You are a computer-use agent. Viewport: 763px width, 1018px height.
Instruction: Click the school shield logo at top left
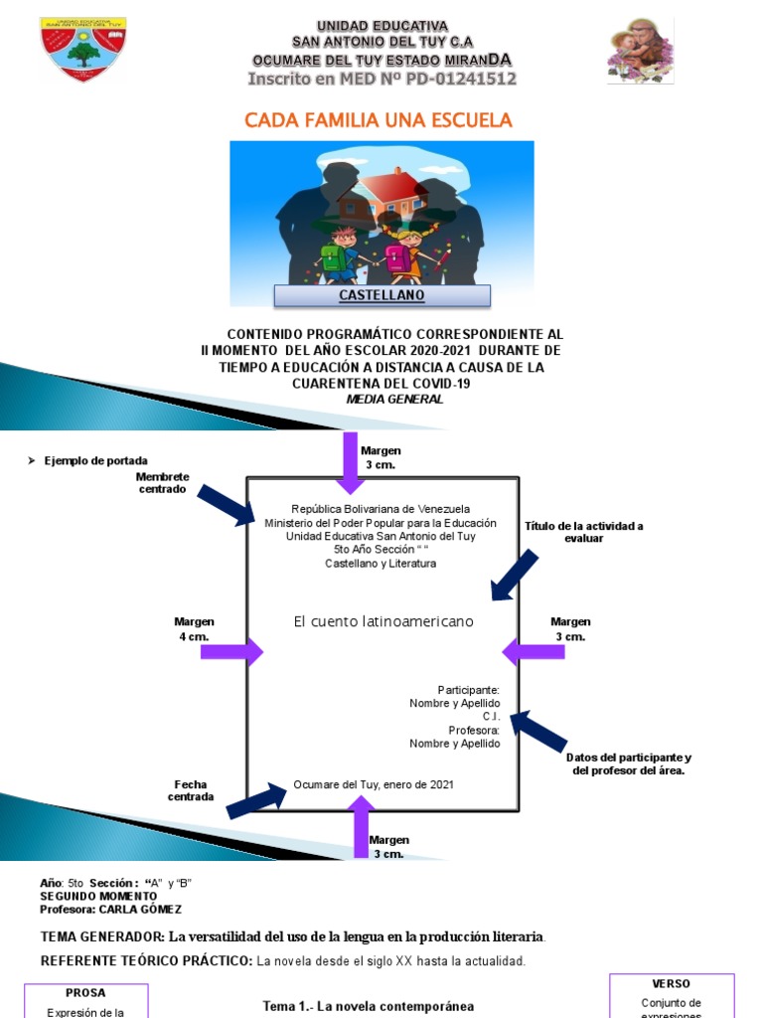tap(82, 49)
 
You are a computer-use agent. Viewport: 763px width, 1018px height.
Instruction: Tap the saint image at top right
tap(640, 51)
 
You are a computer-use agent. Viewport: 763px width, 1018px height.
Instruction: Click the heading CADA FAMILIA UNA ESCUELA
tap(379, 120)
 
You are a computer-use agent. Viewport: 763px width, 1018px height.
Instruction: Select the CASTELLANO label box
tap(382, 295)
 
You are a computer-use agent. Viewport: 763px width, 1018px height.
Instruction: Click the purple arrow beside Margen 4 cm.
tap(231, 652)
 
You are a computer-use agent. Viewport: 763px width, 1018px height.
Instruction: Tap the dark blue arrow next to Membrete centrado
tap(226, 505)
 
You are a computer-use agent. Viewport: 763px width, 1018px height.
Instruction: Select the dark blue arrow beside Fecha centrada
tap(256, 800)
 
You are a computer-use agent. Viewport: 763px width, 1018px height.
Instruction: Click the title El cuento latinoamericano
tap(383, 621)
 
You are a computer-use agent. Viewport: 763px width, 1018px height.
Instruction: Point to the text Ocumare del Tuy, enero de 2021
tap(374, 785)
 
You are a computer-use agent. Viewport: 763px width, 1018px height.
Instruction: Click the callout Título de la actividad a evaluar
tap(583, 532)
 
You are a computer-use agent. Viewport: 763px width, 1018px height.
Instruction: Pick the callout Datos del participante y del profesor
tap(629, 763)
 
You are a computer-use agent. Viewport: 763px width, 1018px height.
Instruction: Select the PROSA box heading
tap(85, 992)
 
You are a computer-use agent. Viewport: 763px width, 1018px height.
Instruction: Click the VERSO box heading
tap(672, 983)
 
